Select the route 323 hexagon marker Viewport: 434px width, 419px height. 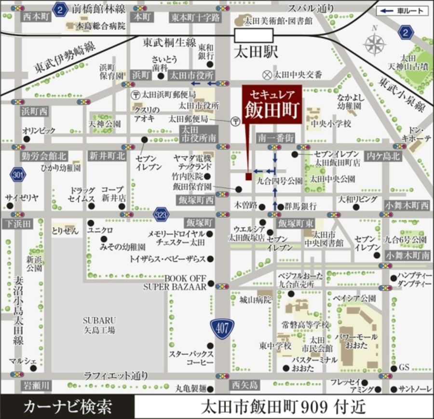point(162,214)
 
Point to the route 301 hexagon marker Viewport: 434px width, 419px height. point(17,175)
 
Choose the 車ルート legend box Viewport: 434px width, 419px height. point(402,11)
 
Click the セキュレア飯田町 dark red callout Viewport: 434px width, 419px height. point(272,105)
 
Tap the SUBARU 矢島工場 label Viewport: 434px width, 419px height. point(98,325)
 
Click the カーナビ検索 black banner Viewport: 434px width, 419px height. point(67,406)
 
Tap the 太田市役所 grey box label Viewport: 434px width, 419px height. point(191,76)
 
